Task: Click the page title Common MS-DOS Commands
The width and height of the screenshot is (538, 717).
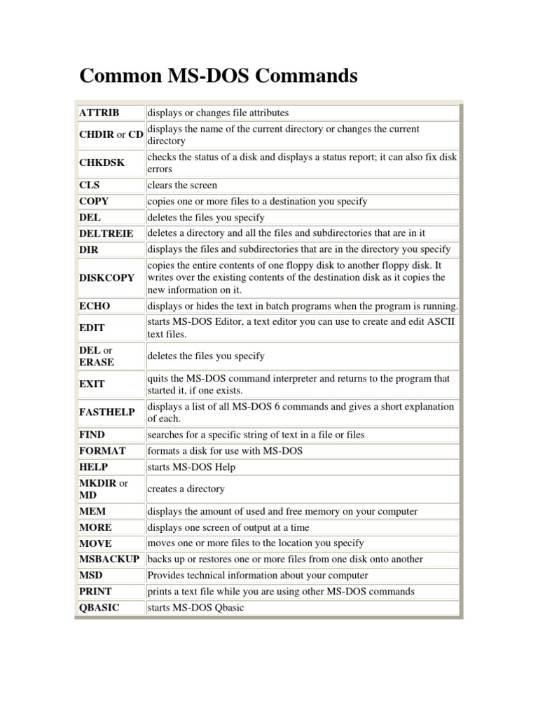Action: [x=219, y=76]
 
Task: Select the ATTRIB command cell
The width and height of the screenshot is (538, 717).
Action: [x=99, y=113]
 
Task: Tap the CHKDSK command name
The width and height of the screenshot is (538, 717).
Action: [x=102, y=162]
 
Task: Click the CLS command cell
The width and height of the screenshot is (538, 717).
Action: [x=90, y=186]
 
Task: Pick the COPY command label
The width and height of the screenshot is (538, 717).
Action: [x=95, y=202]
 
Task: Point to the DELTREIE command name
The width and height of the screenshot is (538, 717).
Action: [x=106, y=233]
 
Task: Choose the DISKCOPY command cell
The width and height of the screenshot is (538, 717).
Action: [x=107, y=277]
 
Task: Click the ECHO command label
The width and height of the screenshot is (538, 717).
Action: [x=95, y=306]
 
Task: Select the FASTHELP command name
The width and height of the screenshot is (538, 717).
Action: [x=107, y=412]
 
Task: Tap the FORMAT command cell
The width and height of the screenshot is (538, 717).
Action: [x=102, y=451]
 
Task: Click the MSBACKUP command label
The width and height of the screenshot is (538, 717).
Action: [x=109, y=559]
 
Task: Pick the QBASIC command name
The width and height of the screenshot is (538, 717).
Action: [x=99, y=608]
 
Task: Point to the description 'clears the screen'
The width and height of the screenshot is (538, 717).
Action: [x=182, y=186]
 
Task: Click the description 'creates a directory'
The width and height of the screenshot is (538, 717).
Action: [x=186, y=489]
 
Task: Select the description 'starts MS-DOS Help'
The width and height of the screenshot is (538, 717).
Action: [x=191, y=467]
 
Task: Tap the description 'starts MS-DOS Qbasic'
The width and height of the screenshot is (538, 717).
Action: [x=195, y=608]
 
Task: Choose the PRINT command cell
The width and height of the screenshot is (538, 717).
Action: [x=95, y=592]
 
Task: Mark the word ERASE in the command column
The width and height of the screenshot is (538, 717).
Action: [x=97, y=362]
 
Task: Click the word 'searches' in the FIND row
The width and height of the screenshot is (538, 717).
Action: [x=165, y=435]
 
